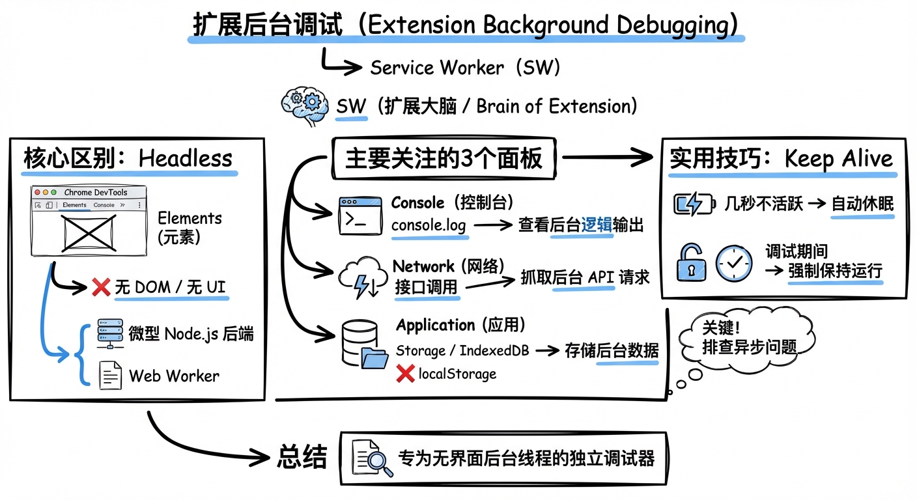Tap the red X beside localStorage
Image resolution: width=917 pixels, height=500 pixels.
tap(405, 373)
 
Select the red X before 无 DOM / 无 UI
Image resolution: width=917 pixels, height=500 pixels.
tap(101, 287)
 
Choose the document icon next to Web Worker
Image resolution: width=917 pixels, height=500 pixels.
tap(110, 375)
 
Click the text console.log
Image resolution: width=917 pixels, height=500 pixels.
tap(429, 225)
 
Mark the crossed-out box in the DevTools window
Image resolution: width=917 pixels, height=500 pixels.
tap(89, 231)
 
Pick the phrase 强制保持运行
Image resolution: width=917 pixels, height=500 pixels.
tap(835, 270)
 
